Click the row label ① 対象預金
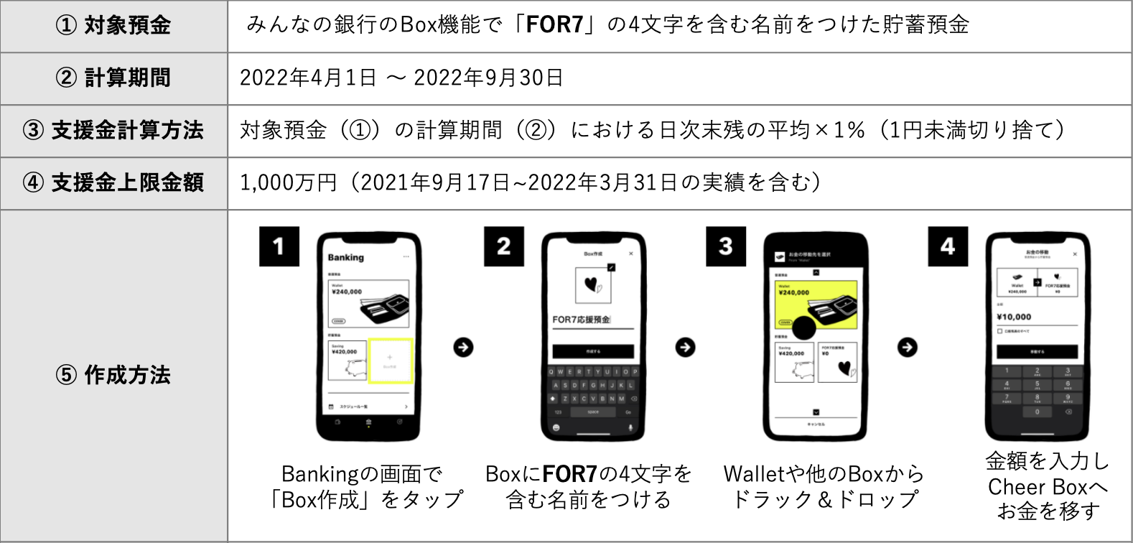[113, 26]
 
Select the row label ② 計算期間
[113, 78]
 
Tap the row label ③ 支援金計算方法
[113, 131]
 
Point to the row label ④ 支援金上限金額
[113, 183]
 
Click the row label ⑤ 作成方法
[113, 375]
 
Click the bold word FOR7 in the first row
[554, 25]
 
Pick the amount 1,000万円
[288, 183]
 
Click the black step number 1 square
[279, 246]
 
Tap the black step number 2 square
[503, 246]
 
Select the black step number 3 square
[725, 246]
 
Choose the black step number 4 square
[947, 246]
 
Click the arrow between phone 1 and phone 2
[463, 348]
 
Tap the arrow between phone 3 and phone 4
[908, 348]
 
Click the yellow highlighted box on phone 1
[390, 361]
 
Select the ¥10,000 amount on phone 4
[1014, 317]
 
